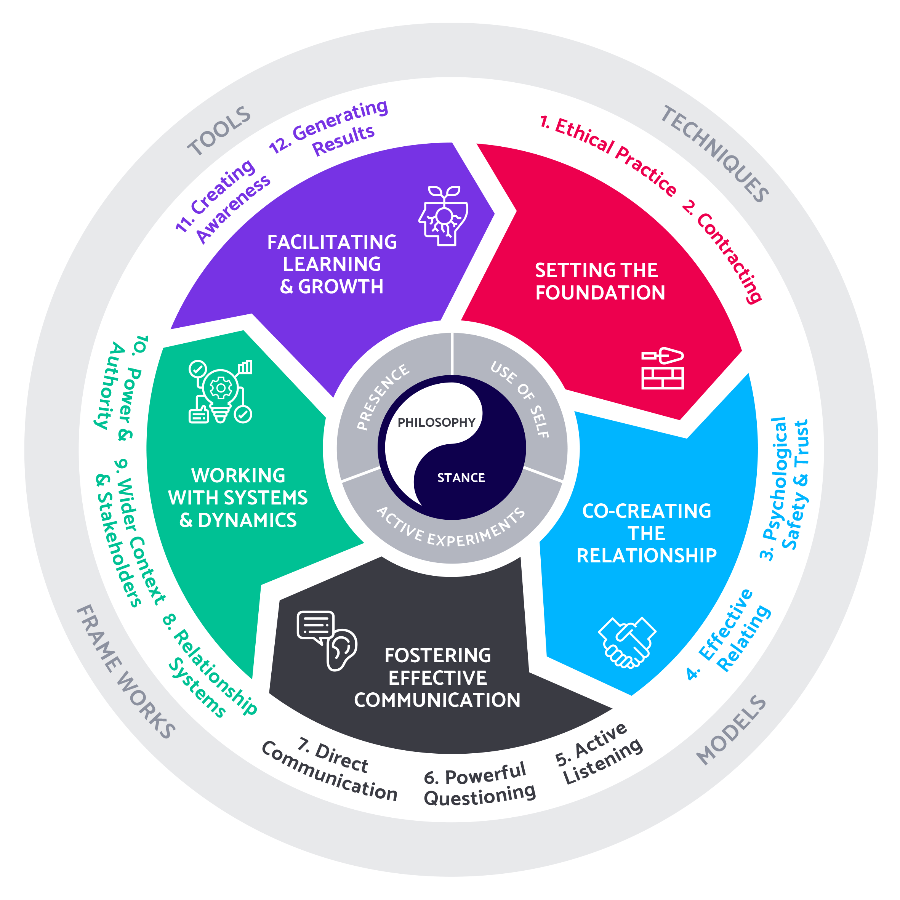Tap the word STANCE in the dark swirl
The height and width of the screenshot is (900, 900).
[461, 477]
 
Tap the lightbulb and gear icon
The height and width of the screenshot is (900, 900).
[220, 391]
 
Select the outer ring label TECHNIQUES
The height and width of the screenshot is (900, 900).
[715, 154]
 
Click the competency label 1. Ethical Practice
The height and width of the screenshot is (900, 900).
[608, 156]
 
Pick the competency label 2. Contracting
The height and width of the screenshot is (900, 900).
[722, 251]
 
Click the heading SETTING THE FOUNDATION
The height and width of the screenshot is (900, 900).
[599, 281]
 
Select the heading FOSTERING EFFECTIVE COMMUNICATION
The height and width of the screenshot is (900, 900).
[437, 677]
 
